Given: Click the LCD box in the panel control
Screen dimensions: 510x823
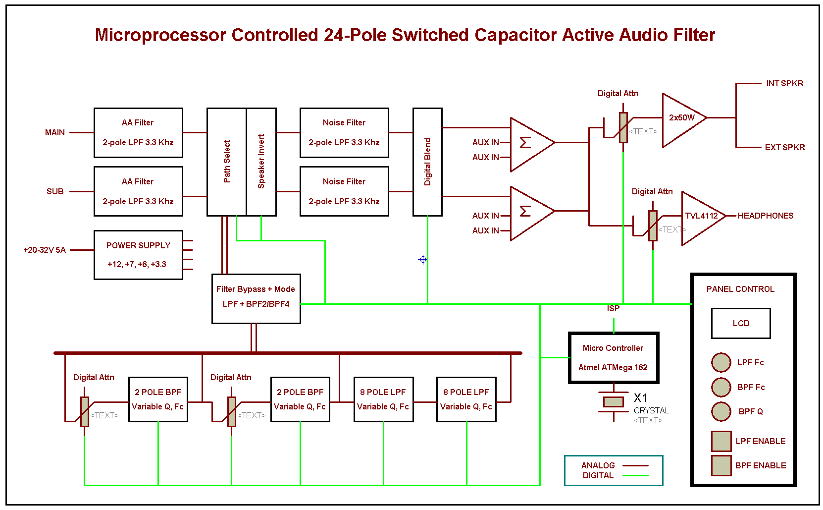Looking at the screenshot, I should tap(740, 323).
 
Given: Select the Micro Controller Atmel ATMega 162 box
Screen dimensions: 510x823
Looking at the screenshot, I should tap(613, 358).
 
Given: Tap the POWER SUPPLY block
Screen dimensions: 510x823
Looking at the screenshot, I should tap(138, 255).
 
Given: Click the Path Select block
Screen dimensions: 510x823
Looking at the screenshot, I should tap(226, 162).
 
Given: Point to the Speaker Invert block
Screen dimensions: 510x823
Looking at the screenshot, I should tap(261, 162).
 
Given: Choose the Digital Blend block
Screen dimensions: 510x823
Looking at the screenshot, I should tap(427, 162).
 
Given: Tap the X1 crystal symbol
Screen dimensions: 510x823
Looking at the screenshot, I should tap(614, 402).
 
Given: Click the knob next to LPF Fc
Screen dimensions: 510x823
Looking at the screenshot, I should tap(721, 362).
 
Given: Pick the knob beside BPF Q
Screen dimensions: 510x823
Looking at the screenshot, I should tap(721, 411).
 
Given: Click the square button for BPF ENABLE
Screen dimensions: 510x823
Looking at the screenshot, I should tap(721, 465).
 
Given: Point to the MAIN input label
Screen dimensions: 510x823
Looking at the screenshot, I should tap(55, 132).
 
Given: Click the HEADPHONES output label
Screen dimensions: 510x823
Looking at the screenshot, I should tap(765, 216).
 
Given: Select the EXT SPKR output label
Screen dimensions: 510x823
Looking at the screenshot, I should tap(784, 147).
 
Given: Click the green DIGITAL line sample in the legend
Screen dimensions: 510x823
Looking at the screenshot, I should tap(635, 475).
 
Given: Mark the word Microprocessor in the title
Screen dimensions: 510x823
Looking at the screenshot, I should tap(160, 35).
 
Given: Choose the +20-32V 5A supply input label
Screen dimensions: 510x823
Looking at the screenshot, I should tap(45, 250).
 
